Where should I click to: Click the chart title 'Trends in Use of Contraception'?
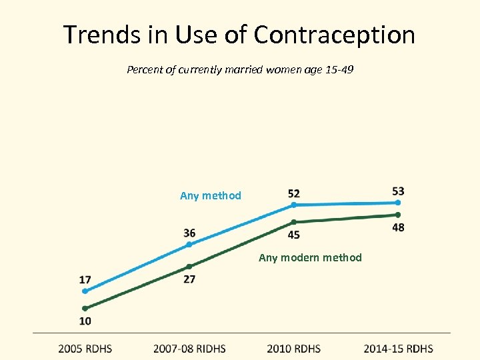coord(239,35)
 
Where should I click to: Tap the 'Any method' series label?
coord(211,195)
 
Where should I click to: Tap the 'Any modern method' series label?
coord(310,257)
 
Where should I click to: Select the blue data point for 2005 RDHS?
coord(85,291)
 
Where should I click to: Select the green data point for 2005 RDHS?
coord(85,309)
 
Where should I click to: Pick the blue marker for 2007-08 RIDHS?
coord(189,245)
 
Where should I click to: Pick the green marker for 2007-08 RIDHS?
coord(189,267)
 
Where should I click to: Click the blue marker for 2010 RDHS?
coord(294,205)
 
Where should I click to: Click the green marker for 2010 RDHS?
coord(294,222)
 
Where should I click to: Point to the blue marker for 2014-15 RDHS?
coord(398,202)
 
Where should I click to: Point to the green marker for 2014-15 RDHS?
coord(398,215)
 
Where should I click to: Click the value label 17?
coord(85,279)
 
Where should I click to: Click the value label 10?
coord(85,321)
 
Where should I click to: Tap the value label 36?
coord(189,233)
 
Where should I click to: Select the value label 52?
coord(294,193)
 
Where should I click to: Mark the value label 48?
coord(398,227)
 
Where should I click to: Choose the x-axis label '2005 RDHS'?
coord(85,348)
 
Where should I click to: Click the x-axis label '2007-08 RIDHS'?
coord(189,348)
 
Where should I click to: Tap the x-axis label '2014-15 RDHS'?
coord(398,348)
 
